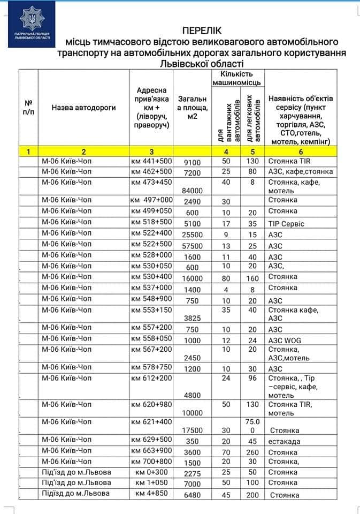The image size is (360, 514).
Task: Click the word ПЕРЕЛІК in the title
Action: click(x=202, y=31)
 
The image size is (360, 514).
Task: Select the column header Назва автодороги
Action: click(x=84, y=108)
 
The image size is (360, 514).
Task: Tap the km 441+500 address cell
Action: click(x=151, y=161)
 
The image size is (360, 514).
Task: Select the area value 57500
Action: click(x=192, y=246)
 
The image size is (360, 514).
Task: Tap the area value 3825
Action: click(x=192, y=318)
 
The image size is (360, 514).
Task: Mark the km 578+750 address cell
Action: click(x=151, y=368)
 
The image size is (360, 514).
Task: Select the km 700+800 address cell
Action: click(x=151, y=461)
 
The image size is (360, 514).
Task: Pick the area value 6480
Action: click(x=192, y=495)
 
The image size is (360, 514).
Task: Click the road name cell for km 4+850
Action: click(x=75, y=493)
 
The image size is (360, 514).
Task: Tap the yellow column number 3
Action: click(x=151, y=152)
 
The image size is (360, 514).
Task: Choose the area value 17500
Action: click(x=192, y=430)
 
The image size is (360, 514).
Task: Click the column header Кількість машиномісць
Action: click(x=237, y=78)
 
